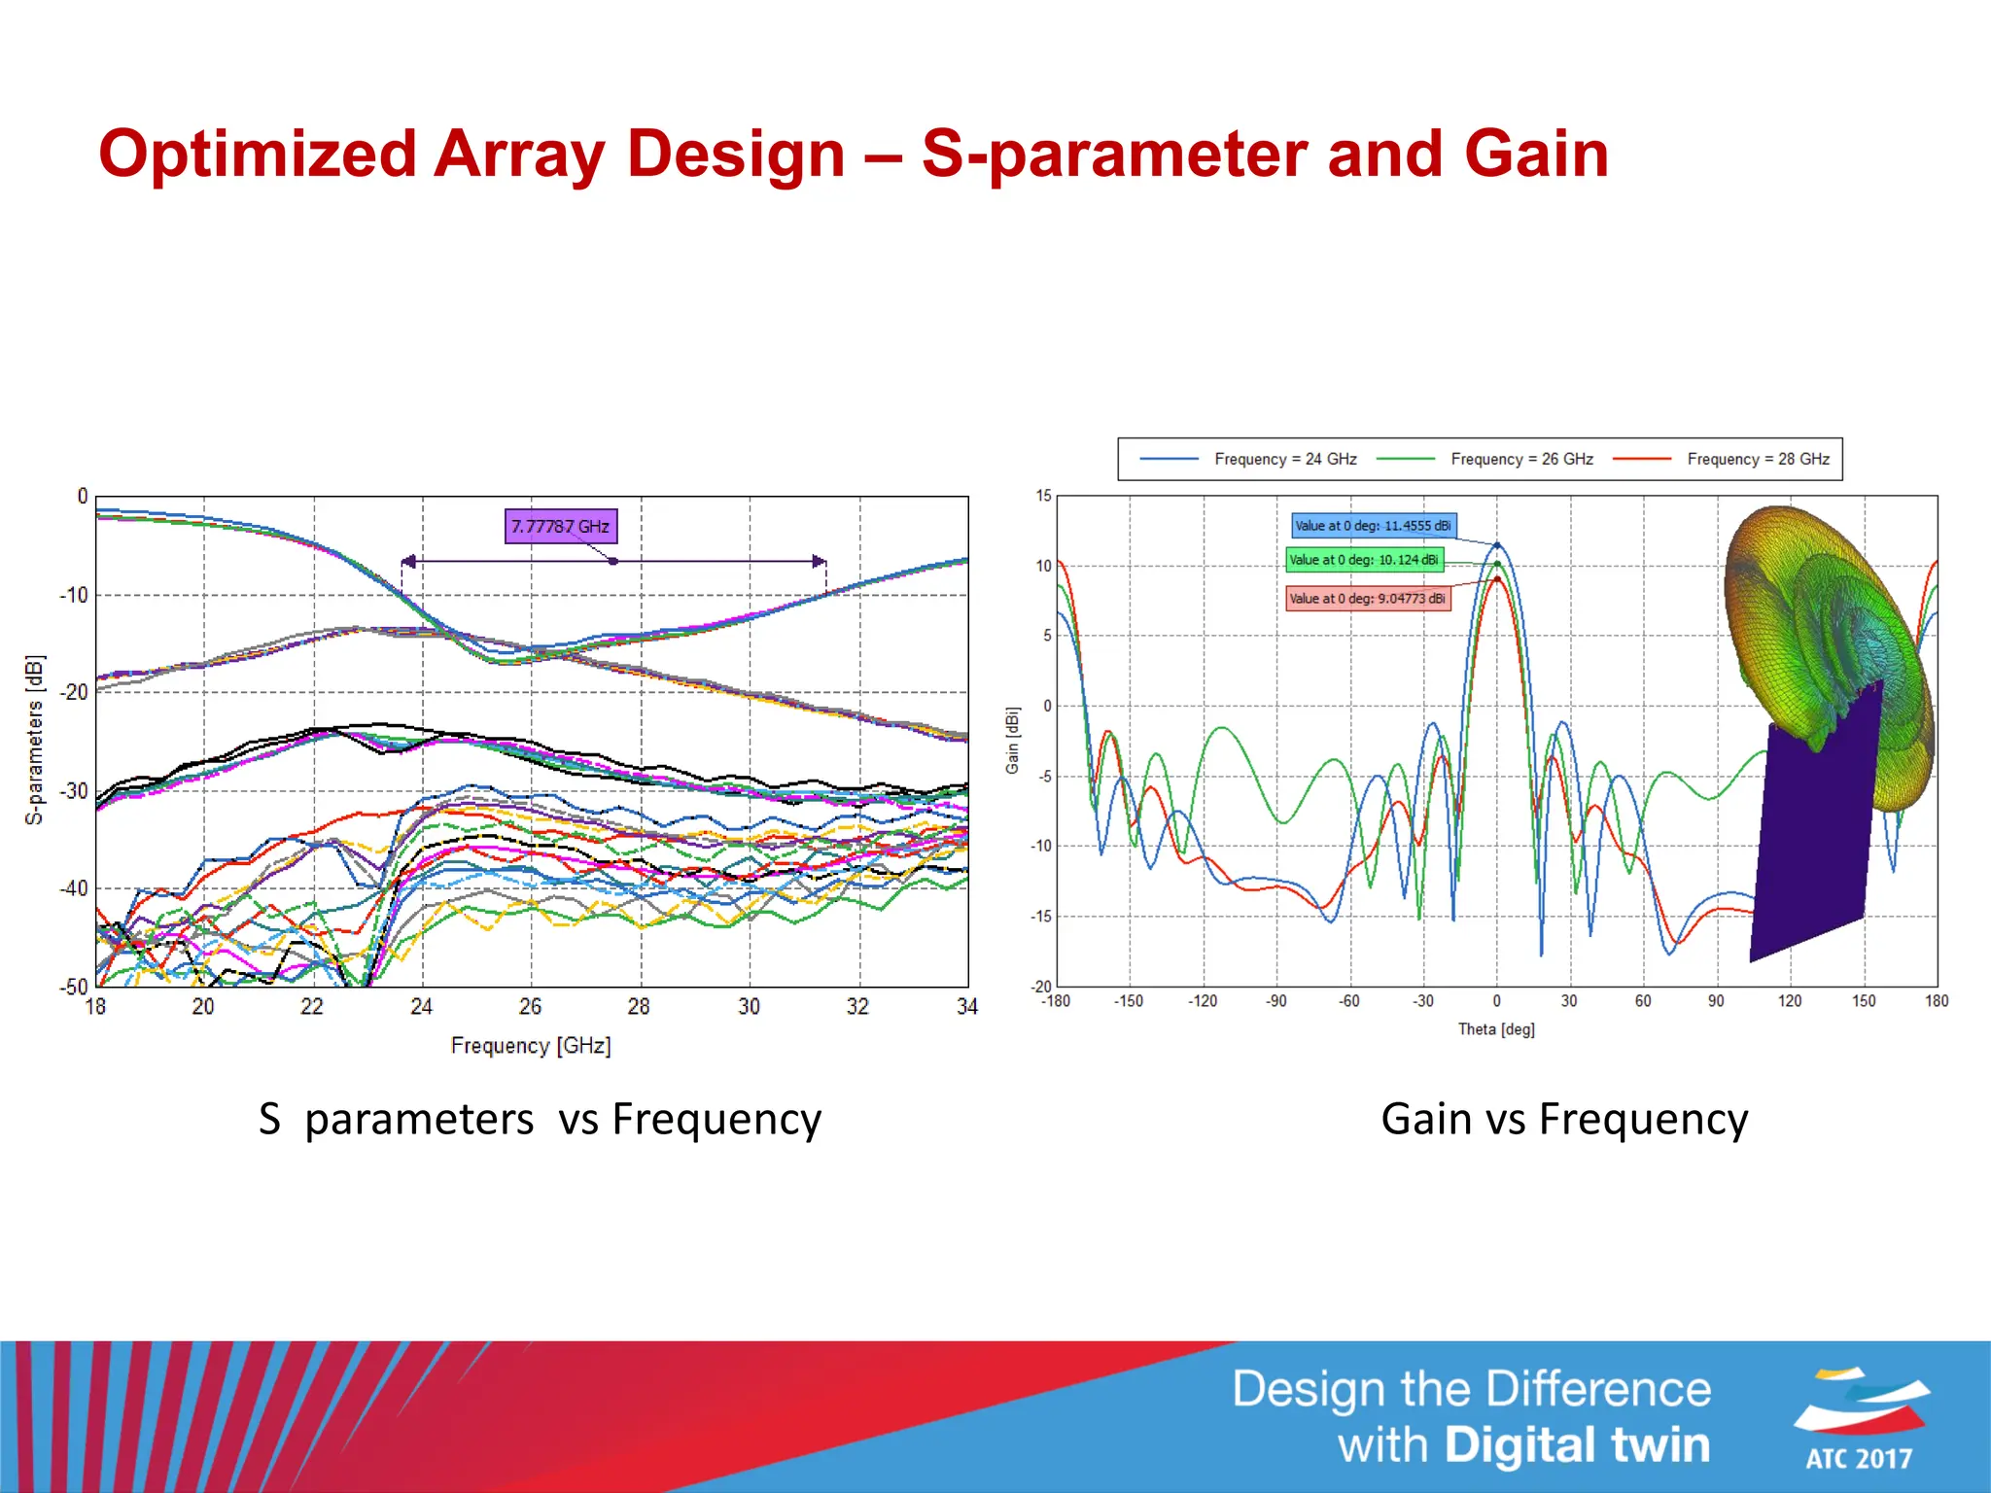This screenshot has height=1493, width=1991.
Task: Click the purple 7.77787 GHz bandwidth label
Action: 560,526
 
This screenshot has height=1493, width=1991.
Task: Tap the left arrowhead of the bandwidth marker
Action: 409,562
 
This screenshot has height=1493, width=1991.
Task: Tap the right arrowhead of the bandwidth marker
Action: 820,562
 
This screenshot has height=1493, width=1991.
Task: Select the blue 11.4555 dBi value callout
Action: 1373,526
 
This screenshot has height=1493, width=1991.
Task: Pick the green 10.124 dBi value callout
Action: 1364,560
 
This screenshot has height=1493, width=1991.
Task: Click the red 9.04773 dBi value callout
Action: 1367,599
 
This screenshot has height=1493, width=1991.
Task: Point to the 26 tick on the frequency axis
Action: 530,1007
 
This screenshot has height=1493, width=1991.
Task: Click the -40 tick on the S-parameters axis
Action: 74,888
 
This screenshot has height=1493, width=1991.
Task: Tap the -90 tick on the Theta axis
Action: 1275,1001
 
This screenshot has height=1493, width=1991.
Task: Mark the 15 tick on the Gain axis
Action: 1043,496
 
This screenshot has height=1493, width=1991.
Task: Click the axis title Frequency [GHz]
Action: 531,1046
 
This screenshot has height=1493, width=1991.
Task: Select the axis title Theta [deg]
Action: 1496,1029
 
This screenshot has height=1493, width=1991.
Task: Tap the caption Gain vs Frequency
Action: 1564,1119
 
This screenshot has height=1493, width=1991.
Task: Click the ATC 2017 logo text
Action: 1858,1458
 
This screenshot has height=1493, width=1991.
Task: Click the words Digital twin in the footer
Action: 1577,1445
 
